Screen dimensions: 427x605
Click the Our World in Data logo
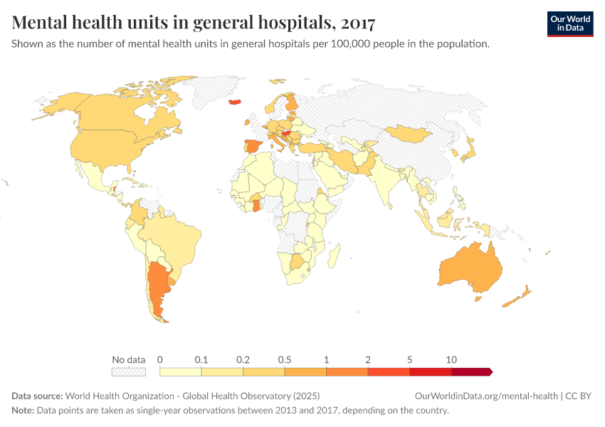pyautogui.click(x=569, y=23)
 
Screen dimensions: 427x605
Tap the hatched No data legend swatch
pyautogui.click(x=129, y=371)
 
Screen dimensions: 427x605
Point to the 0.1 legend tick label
pyautogui.click(x=201, y=359)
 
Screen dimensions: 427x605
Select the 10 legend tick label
pyautogui.click(x=451, y=359)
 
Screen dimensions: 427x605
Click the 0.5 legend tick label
pyautogui.click(x=285, y=359)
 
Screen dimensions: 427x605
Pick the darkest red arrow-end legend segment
pyautogui.click(x=471, y=371)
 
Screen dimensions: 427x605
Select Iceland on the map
pyautogui.click(x=236, y=102)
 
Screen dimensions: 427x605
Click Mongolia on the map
pyautogui.click(x=409, y=133)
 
